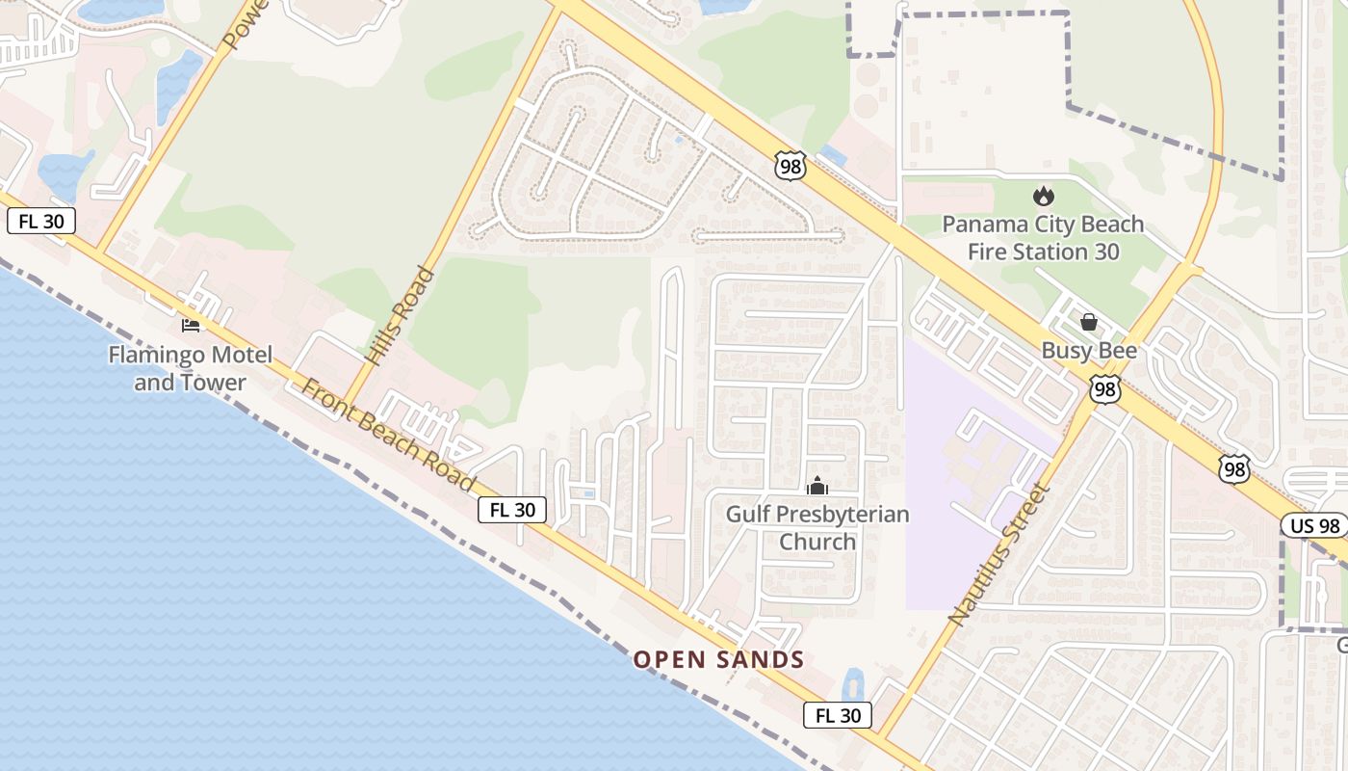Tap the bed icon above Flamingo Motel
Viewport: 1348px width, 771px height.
click(191, 325)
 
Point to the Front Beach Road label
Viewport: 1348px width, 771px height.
click(388, 435)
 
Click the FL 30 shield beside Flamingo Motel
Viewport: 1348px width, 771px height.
click(41, 221)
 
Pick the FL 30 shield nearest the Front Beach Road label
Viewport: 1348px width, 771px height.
click(512, 510)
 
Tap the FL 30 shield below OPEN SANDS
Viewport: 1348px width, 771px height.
click(838, 715)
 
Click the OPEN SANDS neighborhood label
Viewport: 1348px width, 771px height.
click(718, 660)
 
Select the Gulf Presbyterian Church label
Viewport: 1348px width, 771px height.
click(817, 527)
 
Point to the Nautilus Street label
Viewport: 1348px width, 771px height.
click(997, 553)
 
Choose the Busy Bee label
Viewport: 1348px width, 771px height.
click(1089, 351)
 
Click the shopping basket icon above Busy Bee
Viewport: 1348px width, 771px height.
click(1089, 322)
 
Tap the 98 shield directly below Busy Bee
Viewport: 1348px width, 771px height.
click(1105, 389)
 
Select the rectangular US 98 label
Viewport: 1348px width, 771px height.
click(1313, 525)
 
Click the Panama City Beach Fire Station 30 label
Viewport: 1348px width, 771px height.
click(1043, 237)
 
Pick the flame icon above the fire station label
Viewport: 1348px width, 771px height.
click(1043, 197)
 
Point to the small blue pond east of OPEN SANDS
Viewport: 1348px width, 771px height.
click(853, 684)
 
